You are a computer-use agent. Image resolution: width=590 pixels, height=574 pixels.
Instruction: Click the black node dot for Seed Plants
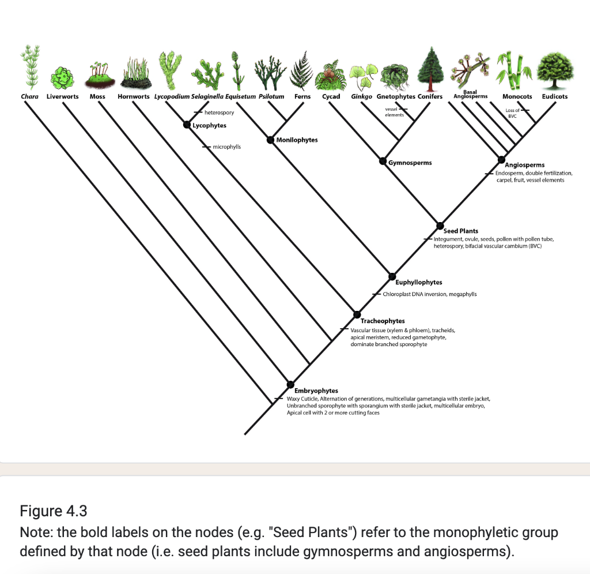click(440, 225)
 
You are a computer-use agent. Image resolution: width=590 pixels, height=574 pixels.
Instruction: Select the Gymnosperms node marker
click(383, 161)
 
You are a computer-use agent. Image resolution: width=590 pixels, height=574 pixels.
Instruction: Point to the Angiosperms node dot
click(501, 159)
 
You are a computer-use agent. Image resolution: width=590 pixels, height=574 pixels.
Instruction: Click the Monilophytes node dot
click(270, 139)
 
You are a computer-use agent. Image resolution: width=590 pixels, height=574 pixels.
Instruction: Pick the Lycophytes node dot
click(187, 125)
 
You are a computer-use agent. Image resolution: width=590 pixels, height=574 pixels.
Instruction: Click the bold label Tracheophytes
click(383, 321)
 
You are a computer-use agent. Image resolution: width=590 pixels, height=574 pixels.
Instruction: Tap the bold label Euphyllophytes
click(419, 282)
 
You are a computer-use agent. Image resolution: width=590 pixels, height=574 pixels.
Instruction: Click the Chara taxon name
click(29, 96)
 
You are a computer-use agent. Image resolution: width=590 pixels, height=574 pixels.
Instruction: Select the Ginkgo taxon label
click(361, 96)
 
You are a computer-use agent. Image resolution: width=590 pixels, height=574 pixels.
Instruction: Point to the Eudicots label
click(554, 96)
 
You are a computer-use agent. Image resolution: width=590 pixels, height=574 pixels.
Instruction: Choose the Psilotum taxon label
click(271, 96)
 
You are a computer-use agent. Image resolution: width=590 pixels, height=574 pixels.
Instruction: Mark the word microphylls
click(226, 147)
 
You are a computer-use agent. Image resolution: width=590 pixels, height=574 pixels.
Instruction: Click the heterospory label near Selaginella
click(219, 112)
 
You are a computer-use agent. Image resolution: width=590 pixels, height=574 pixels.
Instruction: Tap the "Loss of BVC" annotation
click(512, 112)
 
